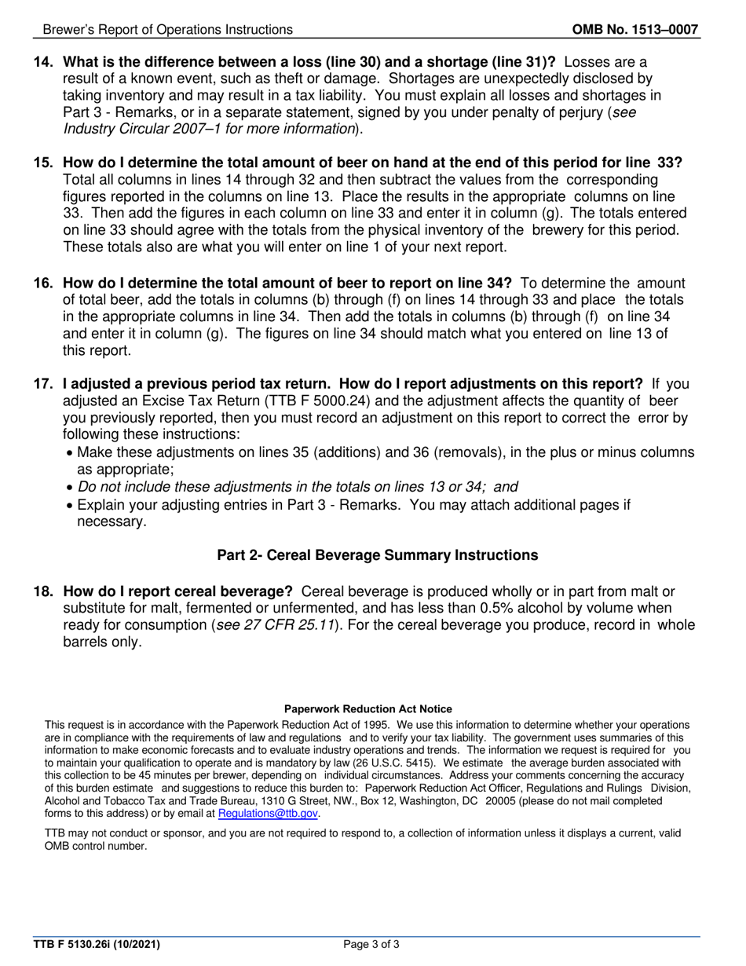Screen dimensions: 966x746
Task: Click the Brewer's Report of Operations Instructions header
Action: coord(167,30)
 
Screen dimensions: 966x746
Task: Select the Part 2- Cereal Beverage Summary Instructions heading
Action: coord(377,555)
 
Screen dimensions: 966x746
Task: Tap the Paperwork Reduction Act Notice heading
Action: coord(368,709)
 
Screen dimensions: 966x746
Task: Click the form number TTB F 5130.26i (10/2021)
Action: coord(97,945)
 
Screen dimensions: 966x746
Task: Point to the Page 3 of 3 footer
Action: coord(371,945)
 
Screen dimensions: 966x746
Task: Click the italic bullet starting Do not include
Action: coord(297,487)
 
